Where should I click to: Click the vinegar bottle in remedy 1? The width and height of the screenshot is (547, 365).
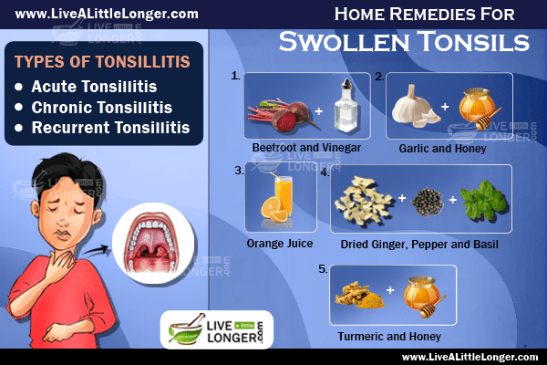(x=346, y=106)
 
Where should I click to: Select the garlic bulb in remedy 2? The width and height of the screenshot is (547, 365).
(x=413, y=106)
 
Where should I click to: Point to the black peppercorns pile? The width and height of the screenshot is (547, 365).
(x=428, y=202)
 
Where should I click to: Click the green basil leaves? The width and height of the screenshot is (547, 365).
(x=483, y=201)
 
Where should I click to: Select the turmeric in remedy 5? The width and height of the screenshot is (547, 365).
(x=359, y=296)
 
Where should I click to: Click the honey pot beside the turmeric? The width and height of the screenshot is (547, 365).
(x=423, y=296)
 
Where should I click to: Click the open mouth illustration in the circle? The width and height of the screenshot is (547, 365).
(x=152, y=244)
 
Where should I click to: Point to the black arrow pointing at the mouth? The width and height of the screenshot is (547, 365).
(x=96, y=251)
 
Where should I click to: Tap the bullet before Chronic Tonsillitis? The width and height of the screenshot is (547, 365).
(x=19, y=108)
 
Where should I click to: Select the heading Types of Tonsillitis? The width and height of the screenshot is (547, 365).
(x=102, y=62)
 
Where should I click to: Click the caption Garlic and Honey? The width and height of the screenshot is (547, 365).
(x=442, y=149)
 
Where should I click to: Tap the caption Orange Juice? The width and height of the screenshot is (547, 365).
(x=280, y=244)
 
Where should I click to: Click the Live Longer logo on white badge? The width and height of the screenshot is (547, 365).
(x=217, y=329)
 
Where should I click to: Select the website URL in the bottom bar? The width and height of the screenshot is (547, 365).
(x=470, y=357)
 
